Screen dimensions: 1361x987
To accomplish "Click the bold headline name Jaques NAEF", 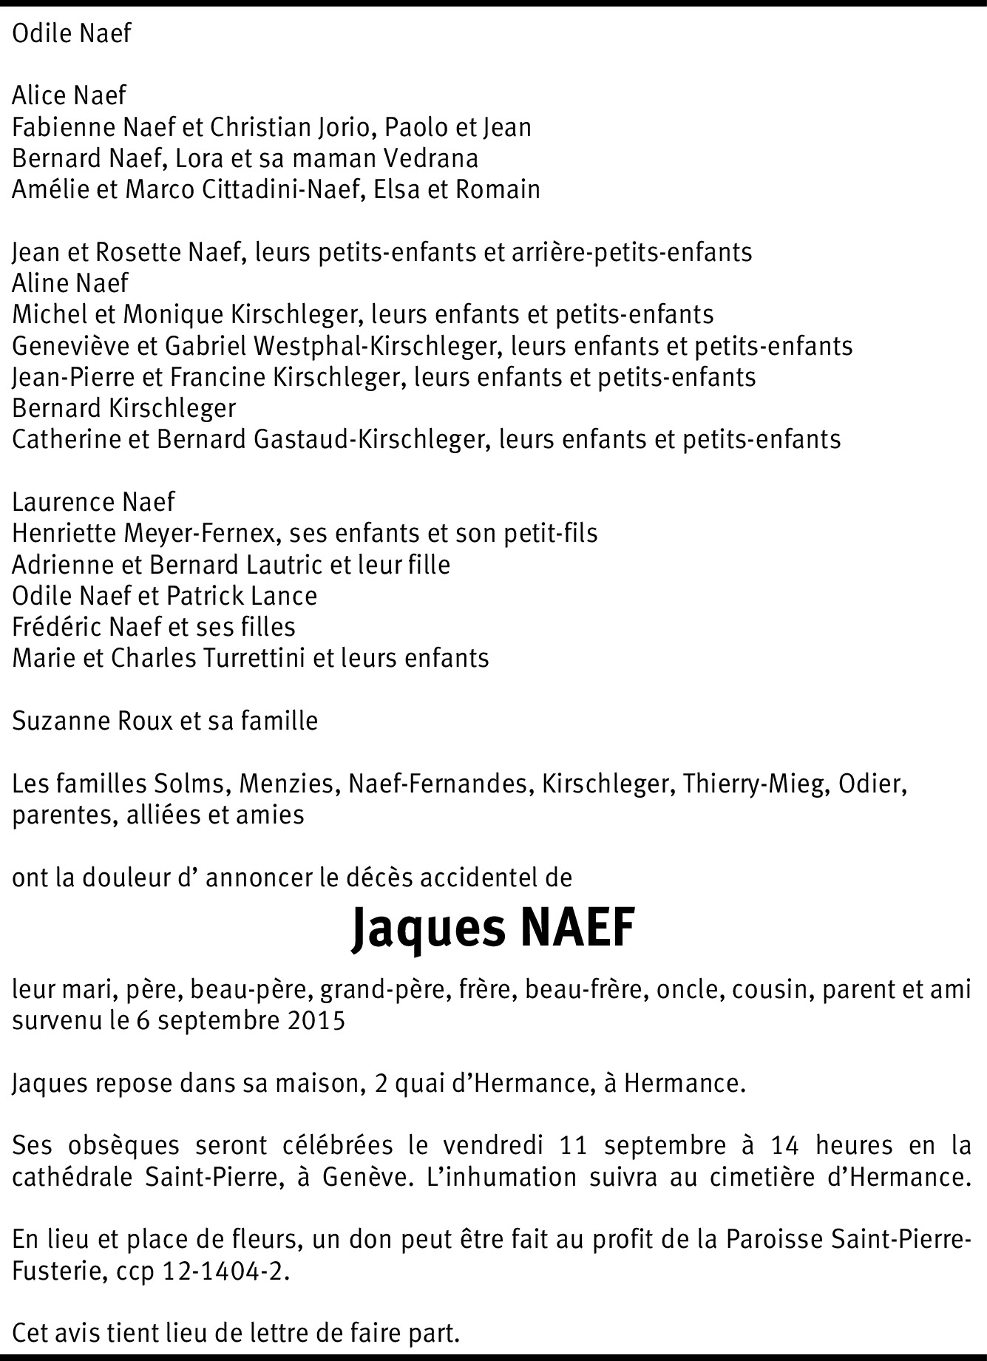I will click(492, 929).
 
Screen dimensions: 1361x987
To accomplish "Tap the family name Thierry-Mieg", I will click(753, 783).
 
